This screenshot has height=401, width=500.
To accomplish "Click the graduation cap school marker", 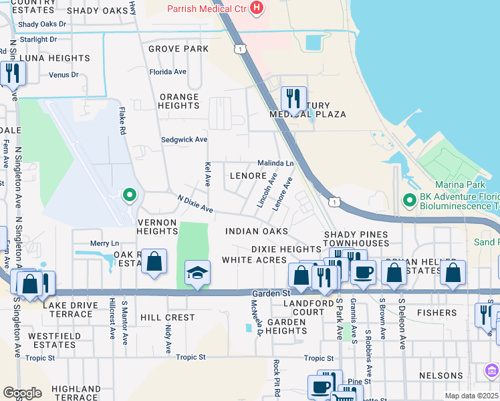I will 197,273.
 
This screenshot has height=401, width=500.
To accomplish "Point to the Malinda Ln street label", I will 276,163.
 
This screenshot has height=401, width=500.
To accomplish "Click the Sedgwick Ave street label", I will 184,140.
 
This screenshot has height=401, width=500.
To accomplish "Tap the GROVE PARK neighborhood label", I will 178,49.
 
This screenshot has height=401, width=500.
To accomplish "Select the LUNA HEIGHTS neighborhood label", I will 55,58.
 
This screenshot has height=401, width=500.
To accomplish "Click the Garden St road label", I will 272,293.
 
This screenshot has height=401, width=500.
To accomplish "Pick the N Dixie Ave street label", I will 195,205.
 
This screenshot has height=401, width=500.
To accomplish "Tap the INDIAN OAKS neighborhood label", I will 257,231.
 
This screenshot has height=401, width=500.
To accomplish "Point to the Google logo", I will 23,393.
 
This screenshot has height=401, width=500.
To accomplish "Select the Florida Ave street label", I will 168,72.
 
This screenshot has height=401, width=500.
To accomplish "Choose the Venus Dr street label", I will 64,75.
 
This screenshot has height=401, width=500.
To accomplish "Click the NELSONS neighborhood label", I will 441,376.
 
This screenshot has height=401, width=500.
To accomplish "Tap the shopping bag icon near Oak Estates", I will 154,261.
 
